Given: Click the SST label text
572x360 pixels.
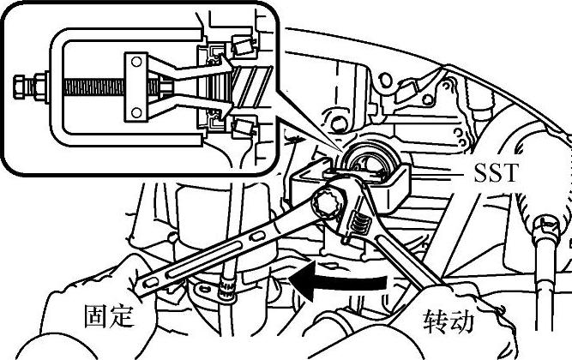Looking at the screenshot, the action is [496, 173].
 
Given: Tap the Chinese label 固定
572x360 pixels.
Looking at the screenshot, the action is [110, 316].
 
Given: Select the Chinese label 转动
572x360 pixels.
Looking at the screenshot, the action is [449, 321].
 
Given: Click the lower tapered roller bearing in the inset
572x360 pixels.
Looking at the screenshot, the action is [243, 127].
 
